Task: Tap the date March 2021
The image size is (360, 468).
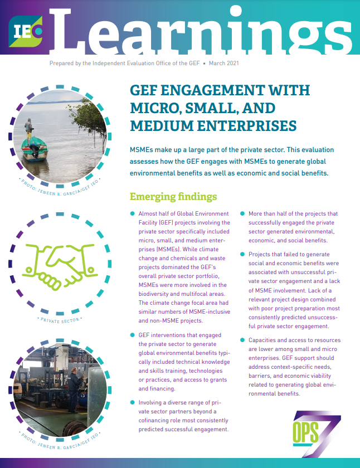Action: pyautogui.click(x=225, y=64)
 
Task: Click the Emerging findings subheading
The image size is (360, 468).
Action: pyautogui.click(x=173, y=197)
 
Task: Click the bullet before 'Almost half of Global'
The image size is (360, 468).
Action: pyautogui.click(x=132, y=214)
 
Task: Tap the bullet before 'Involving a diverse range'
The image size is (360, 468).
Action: pyautogui.click(x=132, y=402)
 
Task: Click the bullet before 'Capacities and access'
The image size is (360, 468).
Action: pyautogui.click(x=243, y=340)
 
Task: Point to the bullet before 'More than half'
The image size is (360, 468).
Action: pyautogui.click(x=243, y=214)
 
